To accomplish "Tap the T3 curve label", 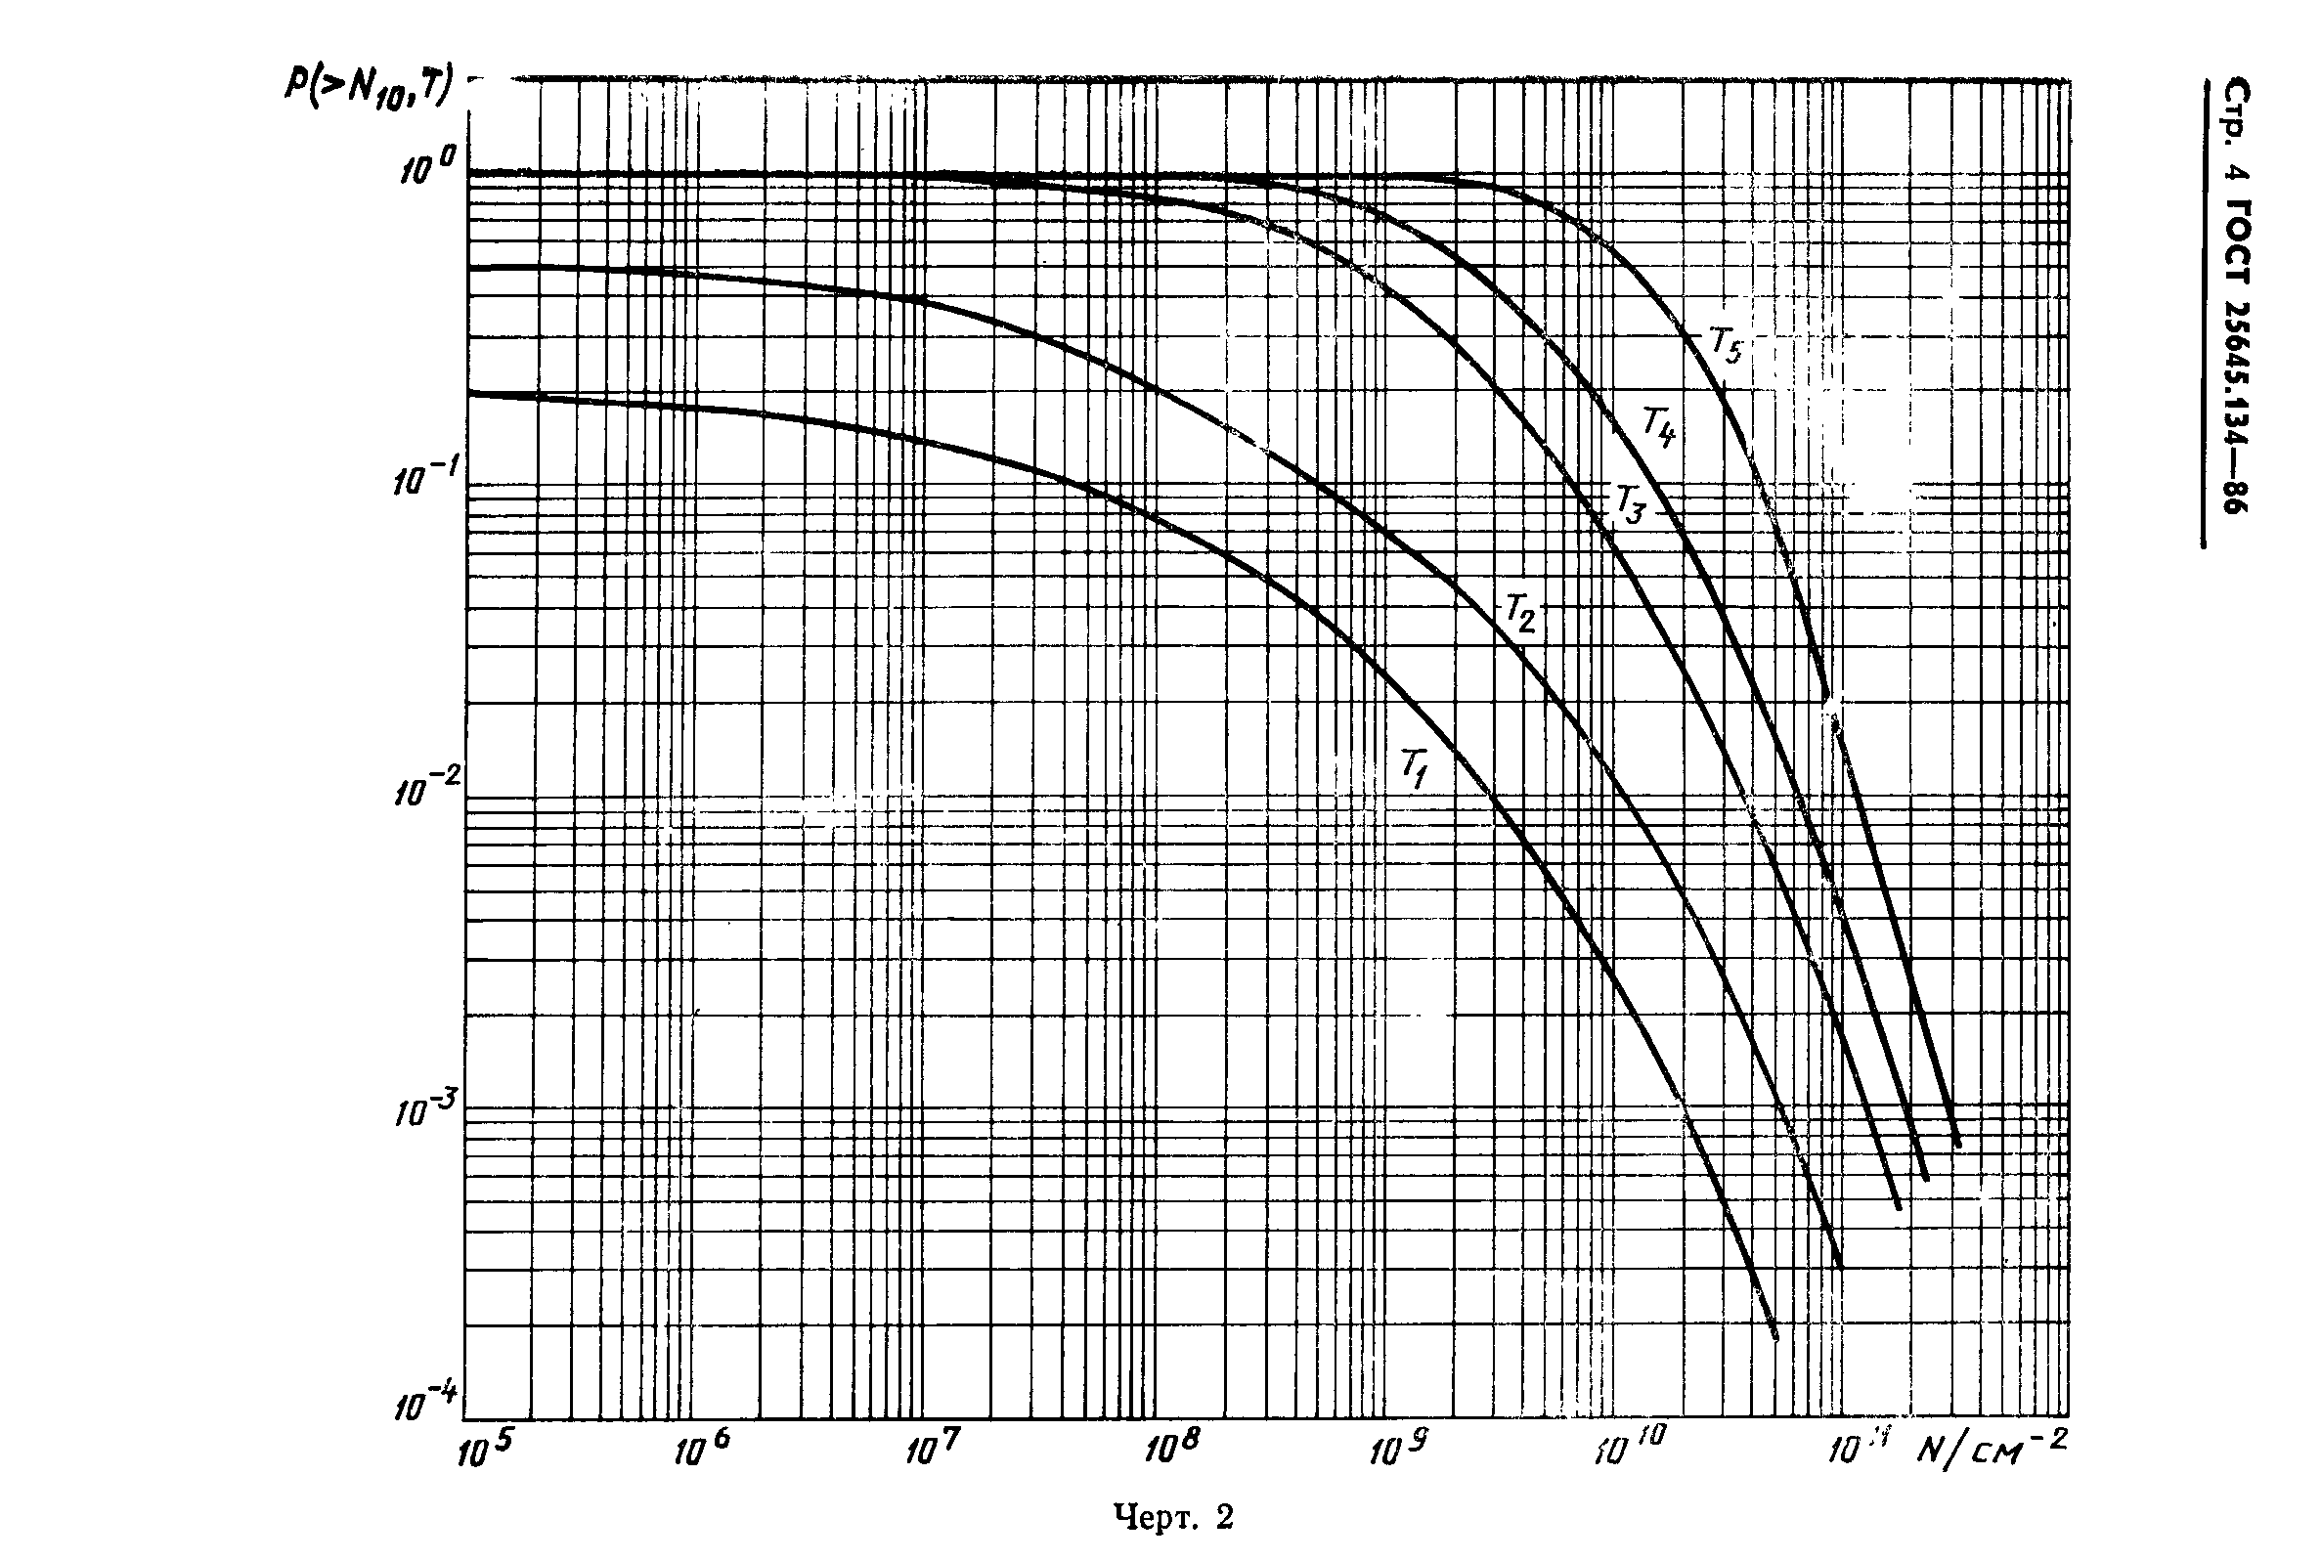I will (1629, 504).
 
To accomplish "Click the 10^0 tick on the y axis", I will (427, 166).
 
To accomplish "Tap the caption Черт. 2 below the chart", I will (1173, 1517).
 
